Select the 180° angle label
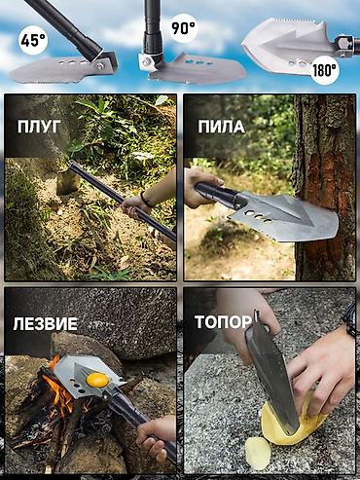point(325,70)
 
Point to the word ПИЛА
point(221,127)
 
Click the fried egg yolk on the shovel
point(98,378)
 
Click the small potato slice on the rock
point(256,450)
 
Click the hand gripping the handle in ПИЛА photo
point(200,184)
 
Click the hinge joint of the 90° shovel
point(149,61)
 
